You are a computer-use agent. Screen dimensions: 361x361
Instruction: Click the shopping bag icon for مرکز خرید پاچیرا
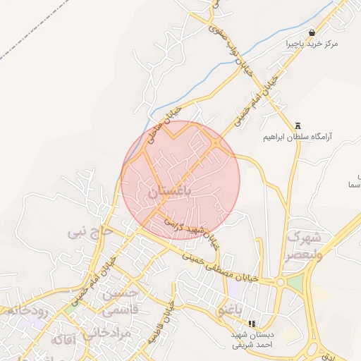coord(312,32)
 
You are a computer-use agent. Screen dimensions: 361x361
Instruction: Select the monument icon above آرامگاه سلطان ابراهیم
coord(298,124)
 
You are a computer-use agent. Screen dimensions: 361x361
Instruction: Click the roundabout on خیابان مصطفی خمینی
coord(281,283)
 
